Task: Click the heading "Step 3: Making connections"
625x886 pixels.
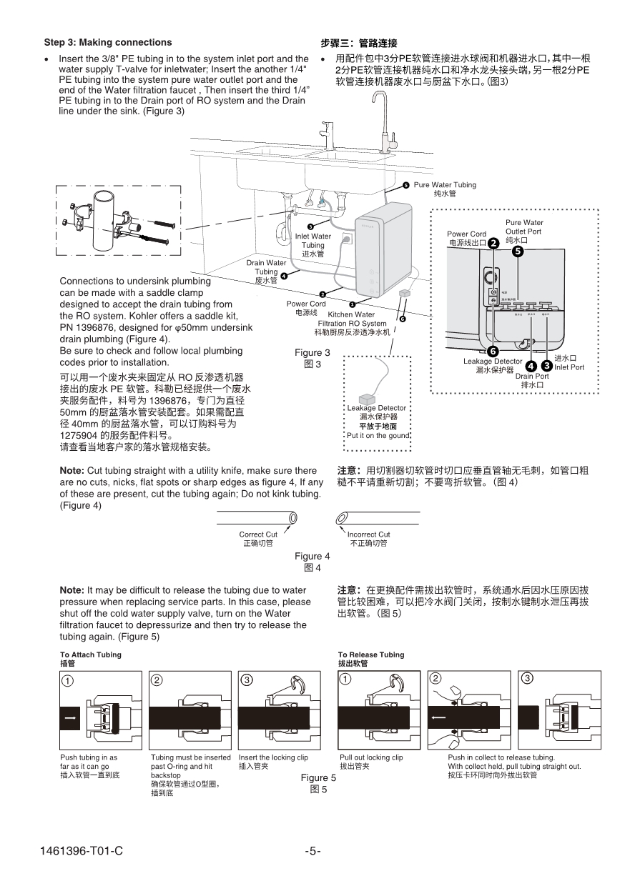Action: [108, 42]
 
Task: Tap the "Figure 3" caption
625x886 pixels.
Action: [312, 352]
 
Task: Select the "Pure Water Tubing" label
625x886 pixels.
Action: [444, 185]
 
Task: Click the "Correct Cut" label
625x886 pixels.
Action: [258, 534]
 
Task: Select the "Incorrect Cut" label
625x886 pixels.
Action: [368, 534]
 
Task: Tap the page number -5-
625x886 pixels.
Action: [312, 851]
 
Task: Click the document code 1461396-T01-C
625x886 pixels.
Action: [82, 851]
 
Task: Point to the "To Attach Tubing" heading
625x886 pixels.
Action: [91, 654]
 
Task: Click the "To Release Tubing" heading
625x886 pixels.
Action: [371, 654]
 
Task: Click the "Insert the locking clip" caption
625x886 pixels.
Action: [273, 757]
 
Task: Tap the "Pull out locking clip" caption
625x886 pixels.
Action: [371, 757]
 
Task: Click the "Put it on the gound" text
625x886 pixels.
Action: [378, 435]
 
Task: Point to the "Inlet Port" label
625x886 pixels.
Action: [569, 367]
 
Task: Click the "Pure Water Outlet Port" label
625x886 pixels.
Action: [524, 227]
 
